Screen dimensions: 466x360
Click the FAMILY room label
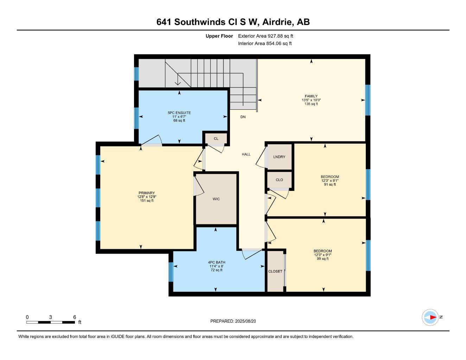(x=311, y=96)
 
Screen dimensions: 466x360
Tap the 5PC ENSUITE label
(x=179, y=113)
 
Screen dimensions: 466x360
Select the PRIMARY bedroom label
(x=147, y=193)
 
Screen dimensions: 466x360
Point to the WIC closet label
(x=216, y=199)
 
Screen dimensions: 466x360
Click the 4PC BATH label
(x=217, y=262)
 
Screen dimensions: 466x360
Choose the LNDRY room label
(x=279, y=157)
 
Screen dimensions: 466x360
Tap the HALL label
(x=246, y=154)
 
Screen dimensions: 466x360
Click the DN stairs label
(x=243, y=117)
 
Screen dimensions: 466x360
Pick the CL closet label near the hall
(x=216, y=139)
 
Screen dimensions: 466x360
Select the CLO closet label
(x=279, y=180)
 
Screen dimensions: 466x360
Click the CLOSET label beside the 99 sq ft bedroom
(x=275, y=271)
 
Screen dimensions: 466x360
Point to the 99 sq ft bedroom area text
(x=323, y=259)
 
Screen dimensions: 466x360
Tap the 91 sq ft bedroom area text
(x=330, y=184)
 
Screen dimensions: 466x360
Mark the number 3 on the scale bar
(x=50, y=317)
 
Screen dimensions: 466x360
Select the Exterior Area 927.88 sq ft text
(x=266, y=36)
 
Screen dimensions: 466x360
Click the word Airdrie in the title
(x=278, y=22)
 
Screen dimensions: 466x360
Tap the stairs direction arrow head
(x=178, y=83)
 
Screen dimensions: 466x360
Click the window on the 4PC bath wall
(x=171, y=272)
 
